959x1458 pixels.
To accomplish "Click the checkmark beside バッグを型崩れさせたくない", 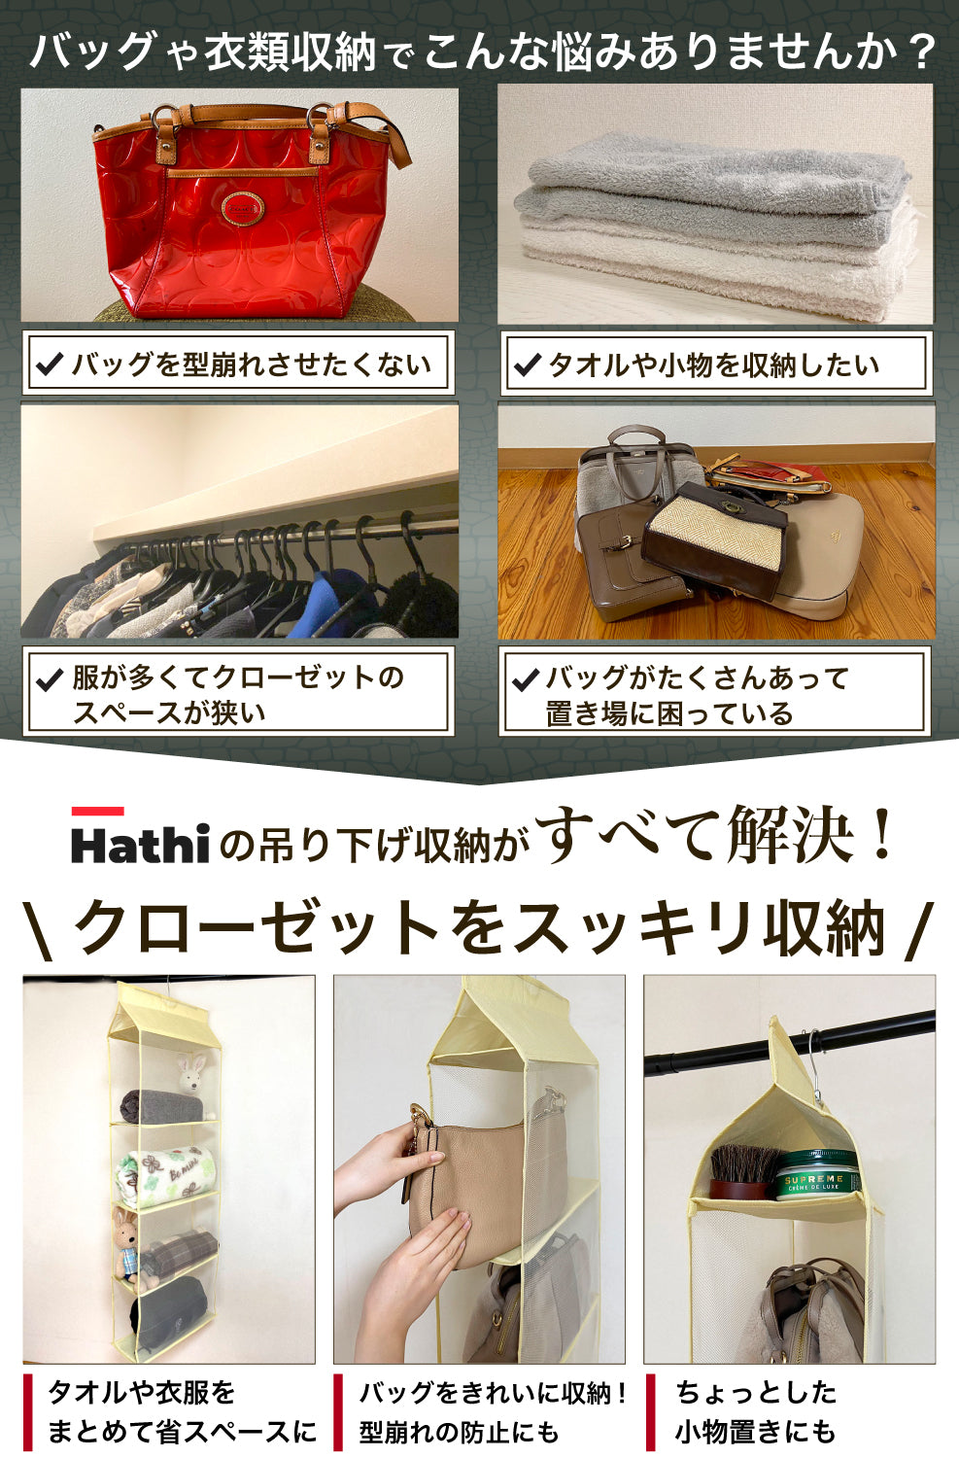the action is pyautogui.click(x=51, y=364).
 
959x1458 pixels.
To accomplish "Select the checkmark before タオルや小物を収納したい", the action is pyautogui.click(x=528, y=364).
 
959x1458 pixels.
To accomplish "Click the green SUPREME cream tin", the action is pyautogui.click(x=818, y=1175).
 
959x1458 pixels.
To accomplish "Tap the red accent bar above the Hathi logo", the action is pyautogui.click(x=97, y=811).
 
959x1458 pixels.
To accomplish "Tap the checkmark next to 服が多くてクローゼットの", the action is pyautogui.click(x=50, y=679).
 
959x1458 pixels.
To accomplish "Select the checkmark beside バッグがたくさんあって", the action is pyautogui.click(x=526, y=679).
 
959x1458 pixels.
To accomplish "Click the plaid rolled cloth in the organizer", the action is pyautogui.click(x=179, y=1254).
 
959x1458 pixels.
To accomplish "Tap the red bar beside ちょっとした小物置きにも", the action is pyautogui.click(x=651, y=1410).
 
